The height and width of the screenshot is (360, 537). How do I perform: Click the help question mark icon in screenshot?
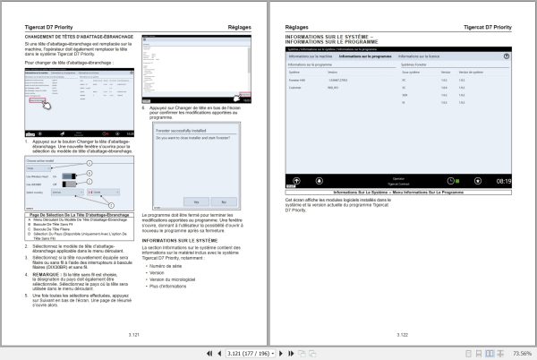click(507, 56)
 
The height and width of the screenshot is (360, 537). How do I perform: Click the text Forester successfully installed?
click(183, 129)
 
